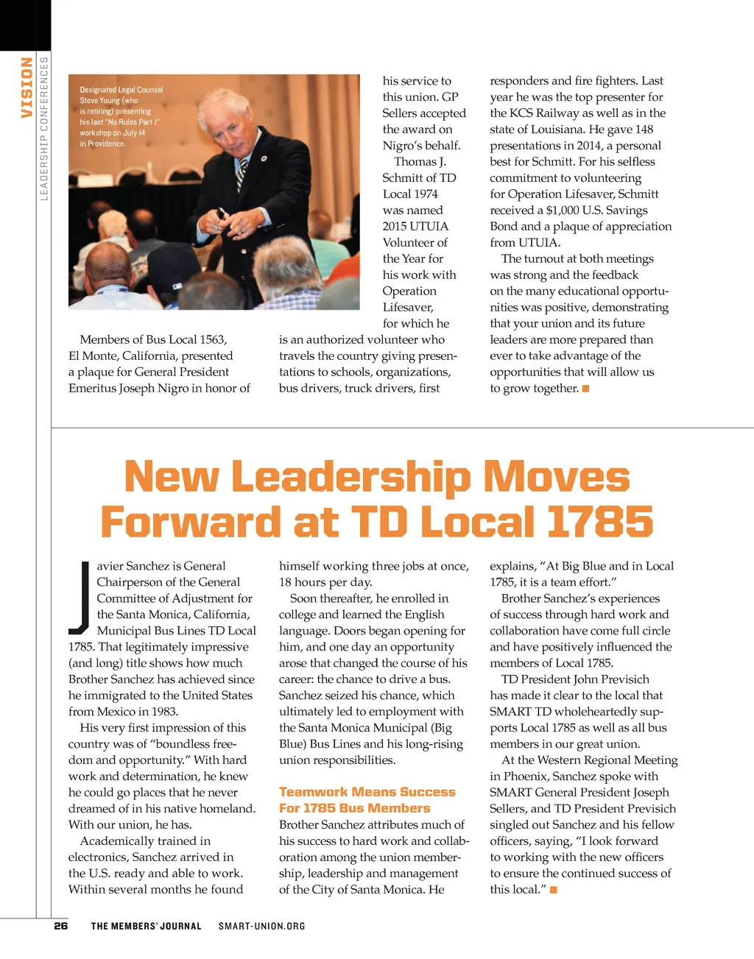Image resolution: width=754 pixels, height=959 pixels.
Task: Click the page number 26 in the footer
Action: click(x=61, y=926)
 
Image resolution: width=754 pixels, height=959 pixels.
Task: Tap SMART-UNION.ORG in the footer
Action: click(x=261, y=926)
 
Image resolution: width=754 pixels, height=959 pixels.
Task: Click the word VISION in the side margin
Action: click(x=27, y=88)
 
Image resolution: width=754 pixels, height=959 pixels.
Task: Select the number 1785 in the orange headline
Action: click(x=599, y=522)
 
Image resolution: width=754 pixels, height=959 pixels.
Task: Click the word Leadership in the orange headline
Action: click(x=350, y=477)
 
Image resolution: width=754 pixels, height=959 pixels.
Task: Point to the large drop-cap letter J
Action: click(x=79, y=598)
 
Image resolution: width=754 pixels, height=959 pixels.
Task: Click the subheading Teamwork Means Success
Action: click(x=367, y=792)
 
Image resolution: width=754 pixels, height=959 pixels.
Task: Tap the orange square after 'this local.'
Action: click(x=554, y=891)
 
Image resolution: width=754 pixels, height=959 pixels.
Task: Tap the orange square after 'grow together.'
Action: click(x=585, y=389)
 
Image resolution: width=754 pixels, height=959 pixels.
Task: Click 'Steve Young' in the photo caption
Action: click(x=100, y=100)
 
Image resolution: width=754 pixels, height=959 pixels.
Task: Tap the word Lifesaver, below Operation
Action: click(x=408, y=308)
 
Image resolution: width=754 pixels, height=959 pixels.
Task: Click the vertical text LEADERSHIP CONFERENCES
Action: click(x=43, y=128)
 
